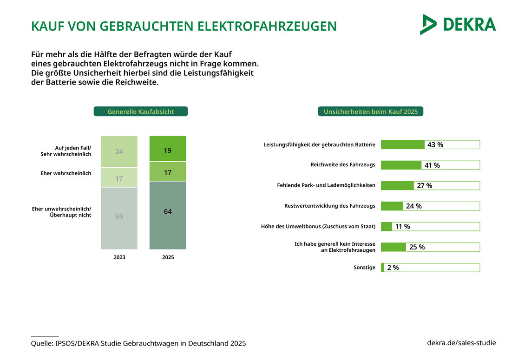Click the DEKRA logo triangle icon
coord(427,25)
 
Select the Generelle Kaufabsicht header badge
coord(141,111)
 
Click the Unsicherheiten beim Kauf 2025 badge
coord(370,111)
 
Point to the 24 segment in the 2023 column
coord(119,151)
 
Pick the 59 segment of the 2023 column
coord(119,216)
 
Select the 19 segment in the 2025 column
coord(168,151)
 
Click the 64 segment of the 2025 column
coord(168,211)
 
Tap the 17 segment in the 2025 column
coord(168,173)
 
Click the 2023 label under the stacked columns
coord(119,257)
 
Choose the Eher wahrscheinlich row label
coord(72,173)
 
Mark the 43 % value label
coord(435,144)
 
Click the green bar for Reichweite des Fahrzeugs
coord(401,165)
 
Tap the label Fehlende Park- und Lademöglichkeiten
coord(326,185)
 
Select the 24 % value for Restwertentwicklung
coord(413,206)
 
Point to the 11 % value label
coord(402,227)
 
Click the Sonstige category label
coord(364,268)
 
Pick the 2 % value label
coord(393,268)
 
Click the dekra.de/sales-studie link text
coord(461,343)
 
